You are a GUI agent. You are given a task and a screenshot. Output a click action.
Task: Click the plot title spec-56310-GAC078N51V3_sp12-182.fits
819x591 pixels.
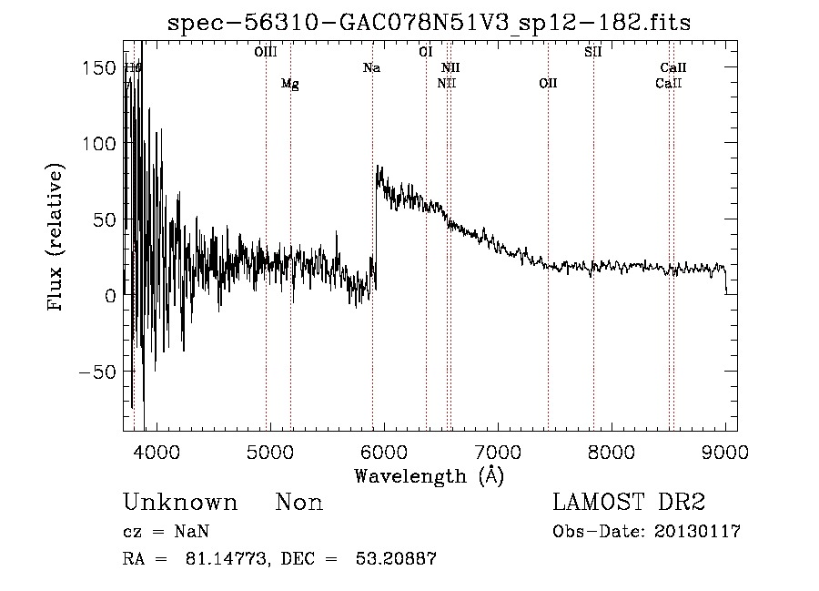pos(430,23)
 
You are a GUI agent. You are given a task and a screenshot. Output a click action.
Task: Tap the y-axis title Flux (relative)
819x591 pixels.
pos(56,238)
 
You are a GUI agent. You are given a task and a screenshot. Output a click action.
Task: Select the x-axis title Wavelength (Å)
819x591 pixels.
pos(430,474)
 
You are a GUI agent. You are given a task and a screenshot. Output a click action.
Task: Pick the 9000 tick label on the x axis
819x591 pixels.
pos(725,451)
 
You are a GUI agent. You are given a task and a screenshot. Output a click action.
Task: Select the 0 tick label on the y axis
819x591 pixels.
pos(110,296)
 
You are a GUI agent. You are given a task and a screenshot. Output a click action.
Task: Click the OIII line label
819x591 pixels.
pos(266,52)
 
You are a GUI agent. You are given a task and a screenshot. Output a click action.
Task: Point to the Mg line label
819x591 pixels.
pos(289,84)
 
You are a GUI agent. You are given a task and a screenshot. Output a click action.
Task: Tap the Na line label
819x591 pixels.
pos(371,67)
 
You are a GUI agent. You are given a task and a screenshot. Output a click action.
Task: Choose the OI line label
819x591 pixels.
pos(425,52)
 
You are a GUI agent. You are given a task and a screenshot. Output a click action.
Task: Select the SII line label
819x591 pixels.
pos(593,52)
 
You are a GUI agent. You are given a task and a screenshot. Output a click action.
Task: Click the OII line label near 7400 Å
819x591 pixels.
pos(548,84)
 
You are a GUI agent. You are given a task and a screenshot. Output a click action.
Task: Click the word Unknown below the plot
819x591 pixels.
pos(180,503)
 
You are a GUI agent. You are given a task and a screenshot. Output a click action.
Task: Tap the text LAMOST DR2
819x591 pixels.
pos(628,503)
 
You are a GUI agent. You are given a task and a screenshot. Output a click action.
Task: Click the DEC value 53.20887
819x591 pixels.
pos(396,559)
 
